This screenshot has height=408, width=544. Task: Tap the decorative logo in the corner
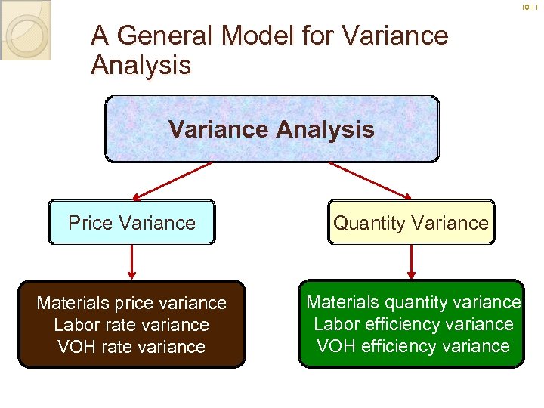click(25, 30)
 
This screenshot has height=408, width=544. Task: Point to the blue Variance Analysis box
click(271, 129)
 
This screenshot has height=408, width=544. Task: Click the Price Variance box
click(131, 223)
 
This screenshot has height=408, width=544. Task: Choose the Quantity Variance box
click(411, 223)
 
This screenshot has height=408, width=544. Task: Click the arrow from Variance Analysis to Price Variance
click(174, 181)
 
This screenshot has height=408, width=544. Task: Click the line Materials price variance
click(131, 303)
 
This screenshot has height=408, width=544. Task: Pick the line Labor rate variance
click(131, 325)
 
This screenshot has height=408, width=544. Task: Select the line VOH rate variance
click(131, 347)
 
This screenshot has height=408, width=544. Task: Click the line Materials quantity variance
click(413, 302)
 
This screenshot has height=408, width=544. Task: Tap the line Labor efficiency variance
click(413, 324)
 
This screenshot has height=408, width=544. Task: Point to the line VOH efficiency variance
click(413, 346)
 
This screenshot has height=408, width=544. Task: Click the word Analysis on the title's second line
click(141, 65)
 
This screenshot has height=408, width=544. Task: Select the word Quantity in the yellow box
click(371, 223)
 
